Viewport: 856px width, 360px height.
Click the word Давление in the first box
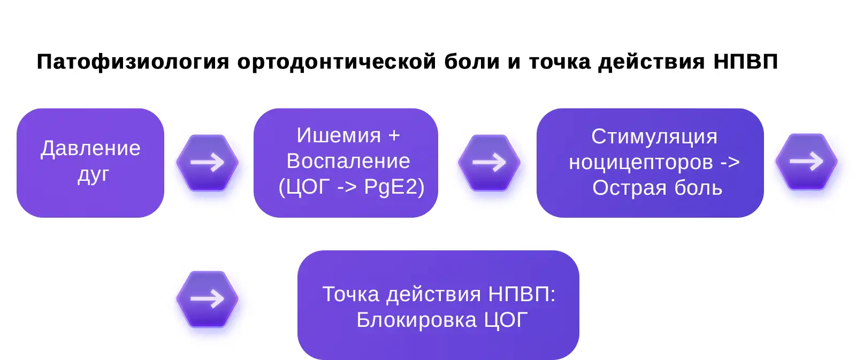90,148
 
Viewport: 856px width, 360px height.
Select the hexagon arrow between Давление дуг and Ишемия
208,162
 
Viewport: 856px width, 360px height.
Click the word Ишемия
339,135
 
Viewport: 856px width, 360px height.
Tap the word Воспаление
348,161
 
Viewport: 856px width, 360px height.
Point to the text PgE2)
394,187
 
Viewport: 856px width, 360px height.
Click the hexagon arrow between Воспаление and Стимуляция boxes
489,162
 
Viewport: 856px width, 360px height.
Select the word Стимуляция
654,136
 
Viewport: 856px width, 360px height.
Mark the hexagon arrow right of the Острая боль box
806,161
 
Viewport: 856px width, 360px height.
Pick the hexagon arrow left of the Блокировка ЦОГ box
208,298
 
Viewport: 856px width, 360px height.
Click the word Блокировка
416,320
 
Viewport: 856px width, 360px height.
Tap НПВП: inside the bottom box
522,294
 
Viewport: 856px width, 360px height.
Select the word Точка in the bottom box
350,294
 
